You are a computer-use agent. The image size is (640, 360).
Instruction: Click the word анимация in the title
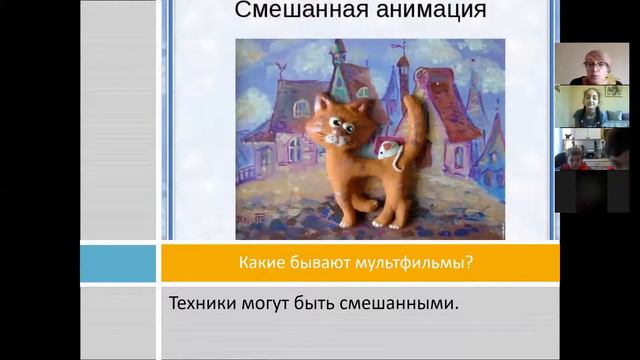(x=410, y=12)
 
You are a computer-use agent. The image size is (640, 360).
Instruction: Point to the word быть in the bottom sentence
(x=330, y=301)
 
